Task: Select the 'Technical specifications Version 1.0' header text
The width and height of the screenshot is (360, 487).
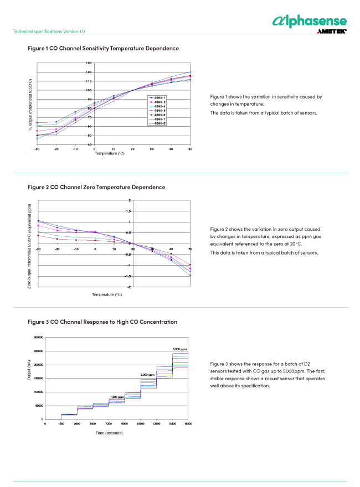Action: (49, 32)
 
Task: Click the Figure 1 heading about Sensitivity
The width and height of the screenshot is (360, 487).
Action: (103, 49)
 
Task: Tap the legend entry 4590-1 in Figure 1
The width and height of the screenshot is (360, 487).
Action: (158, 98)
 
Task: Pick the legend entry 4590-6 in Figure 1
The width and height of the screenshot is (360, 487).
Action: (158, 115)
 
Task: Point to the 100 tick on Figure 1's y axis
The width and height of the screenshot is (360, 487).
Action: (89, 90)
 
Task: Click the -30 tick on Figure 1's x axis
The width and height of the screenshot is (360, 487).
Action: (37, 149)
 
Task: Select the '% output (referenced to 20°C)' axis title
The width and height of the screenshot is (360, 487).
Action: (30, 105)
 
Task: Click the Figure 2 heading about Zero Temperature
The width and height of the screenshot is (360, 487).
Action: (96, 187)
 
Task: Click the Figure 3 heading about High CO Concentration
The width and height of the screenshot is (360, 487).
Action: (102, 322)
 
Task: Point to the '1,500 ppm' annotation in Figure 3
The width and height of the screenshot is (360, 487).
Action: (117, 397)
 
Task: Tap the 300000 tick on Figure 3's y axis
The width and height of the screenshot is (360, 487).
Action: (35, 337)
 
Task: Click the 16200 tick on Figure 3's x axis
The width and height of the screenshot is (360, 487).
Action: (188, 424)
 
